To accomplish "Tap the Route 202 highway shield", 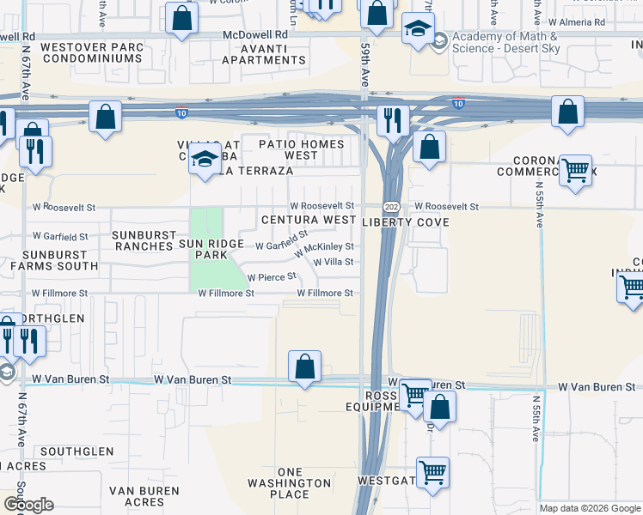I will (391, 207).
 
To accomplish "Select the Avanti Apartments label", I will (263, 53).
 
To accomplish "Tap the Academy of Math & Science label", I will (504, 42).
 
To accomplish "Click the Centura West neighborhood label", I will (309, 221).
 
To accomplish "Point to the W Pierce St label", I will (272, 277).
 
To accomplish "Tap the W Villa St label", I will (334, 263).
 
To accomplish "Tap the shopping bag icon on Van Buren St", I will (305, 367).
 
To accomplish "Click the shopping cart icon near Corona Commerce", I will (574, 169).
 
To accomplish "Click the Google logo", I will (28, 506).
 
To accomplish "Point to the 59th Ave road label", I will (364, 64).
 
